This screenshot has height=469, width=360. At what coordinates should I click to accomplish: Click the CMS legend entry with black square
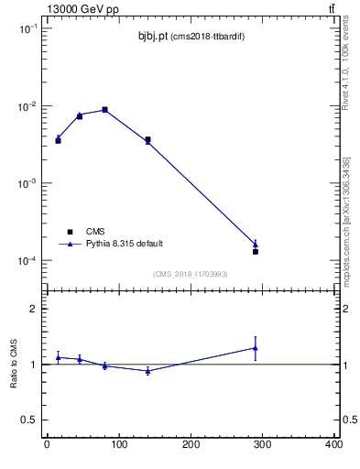pos(88,232)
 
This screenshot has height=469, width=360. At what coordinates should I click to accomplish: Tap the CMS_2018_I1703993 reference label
pos(190,274)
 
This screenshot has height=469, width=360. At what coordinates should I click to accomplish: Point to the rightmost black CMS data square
pos(256,251)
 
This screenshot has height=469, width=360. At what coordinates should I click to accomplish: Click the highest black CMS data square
pos(105,110)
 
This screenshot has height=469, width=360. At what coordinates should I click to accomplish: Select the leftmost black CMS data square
pos(58,141)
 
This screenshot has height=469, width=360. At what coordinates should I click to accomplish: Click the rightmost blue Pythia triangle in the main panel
pos(256,244)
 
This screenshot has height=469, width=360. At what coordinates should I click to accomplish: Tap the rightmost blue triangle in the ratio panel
pos(256,348)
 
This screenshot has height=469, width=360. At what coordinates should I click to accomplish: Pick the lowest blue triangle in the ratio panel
pos(147,371)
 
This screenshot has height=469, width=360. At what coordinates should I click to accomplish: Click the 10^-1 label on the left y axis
pos(27,29)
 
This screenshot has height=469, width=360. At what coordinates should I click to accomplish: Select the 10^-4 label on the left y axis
pos(27,261)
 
